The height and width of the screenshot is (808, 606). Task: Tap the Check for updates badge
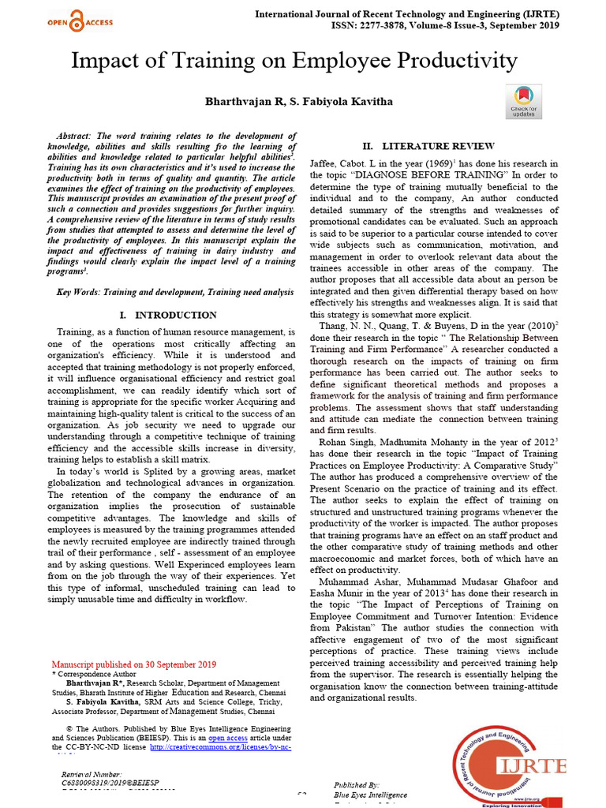pos(524,102)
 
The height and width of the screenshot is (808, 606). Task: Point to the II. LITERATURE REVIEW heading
pos(428,146)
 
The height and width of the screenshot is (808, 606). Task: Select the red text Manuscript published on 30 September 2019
pos(133,664)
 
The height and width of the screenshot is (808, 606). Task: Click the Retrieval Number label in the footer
pos(92,775)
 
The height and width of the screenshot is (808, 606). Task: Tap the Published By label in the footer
pos(357,785)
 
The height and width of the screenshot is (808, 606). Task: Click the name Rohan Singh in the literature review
pos(346,443)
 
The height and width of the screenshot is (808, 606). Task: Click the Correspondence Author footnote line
pos(95,675)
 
